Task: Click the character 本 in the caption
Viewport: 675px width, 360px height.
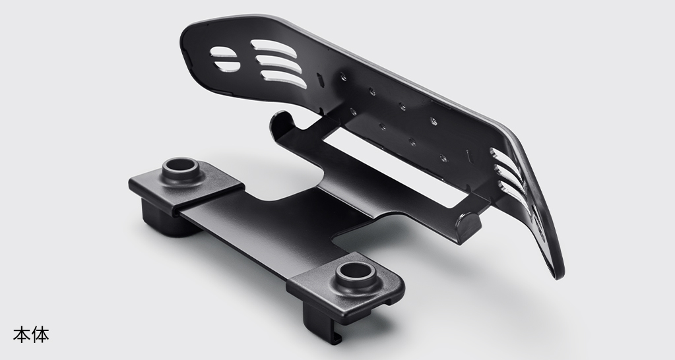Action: (22, 335)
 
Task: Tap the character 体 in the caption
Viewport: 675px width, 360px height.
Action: (40, 335)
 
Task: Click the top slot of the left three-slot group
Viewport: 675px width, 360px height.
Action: (273, 47)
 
